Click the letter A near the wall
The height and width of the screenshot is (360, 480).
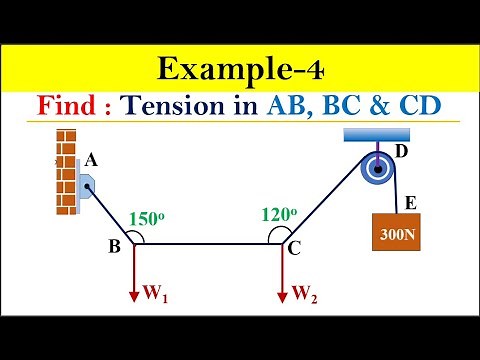coord(91,159)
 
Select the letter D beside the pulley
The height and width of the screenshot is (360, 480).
coord(401,151)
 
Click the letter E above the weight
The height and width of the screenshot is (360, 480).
coord(410,203)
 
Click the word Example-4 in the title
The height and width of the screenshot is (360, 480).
coord(240,71)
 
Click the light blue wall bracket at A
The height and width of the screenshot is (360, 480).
coord(89,184)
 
